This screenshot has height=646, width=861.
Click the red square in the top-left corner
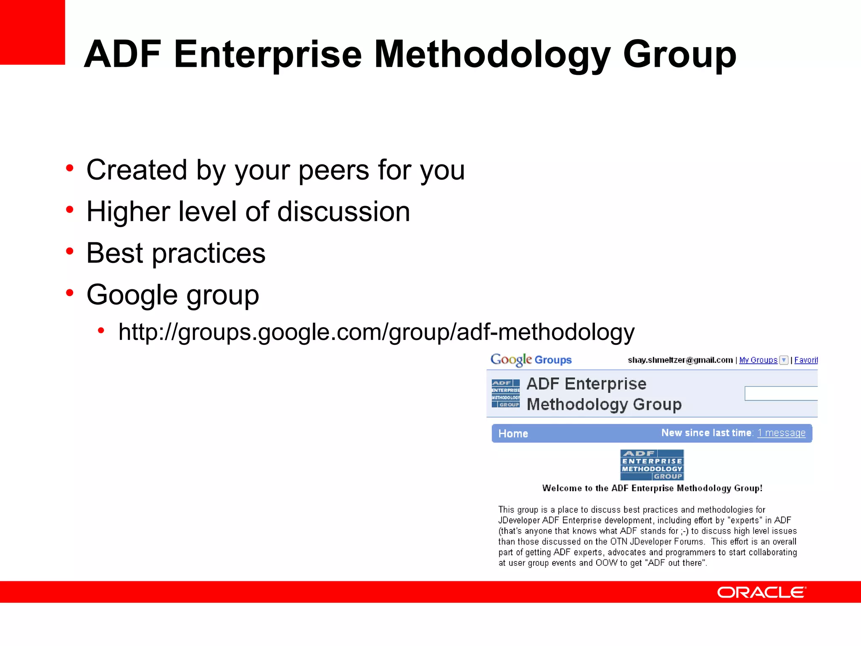click(x=32, y=32)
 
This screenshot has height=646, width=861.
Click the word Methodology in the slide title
click(x=491, y=55)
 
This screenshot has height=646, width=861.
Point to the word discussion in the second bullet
click(x=343, y=212)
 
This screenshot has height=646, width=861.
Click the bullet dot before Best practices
click(x=70, y=252)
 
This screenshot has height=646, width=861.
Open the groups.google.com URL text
click(x=376, y=332)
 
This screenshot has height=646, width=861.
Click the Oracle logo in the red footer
click(x=761, y=592)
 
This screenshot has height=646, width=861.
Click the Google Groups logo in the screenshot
click(x=531, y=360)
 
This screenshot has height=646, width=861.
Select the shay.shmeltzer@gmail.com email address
click(x=680, y=360)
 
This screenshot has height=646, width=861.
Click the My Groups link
click(x=758, y=360)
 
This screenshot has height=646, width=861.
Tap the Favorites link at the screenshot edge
click(x=806, y=360)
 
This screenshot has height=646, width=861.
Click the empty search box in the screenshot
click(x=781, y=394)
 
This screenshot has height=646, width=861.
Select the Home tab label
click(x=513, y=434)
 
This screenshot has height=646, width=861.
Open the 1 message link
click(x=781, y=433)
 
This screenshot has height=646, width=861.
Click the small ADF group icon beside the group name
click(x=505, y=393)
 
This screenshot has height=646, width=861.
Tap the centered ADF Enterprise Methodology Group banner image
click(x=652, y=465)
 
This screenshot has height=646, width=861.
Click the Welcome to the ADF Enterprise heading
click(x=652, y=488)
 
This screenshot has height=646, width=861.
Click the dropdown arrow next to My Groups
click(x=784, y=360)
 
